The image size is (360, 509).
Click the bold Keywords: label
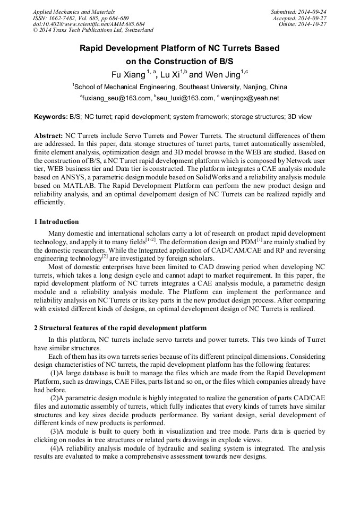[50, 116]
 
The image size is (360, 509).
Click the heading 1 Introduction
[56, 222]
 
